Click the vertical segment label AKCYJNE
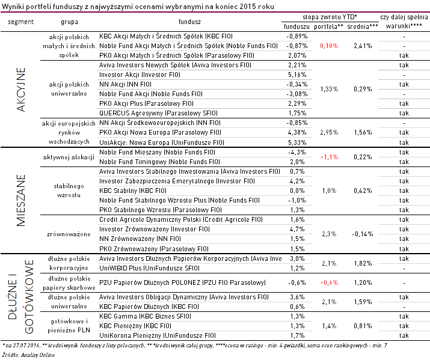[21, 90]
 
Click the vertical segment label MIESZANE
[21, 200]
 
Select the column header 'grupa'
[69, 22]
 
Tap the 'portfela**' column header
[328, 26]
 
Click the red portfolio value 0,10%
[329, 46]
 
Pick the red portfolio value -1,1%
[330, 157]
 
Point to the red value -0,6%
[330, 282]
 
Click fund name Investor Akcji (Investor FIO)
[140, 75]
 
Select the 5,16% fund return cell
[297, 75]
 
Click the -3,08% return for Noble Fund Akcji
[296, 94]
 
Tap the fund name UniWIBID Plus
[149, 268]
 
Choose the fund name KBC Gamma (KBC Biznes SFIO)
[145, 317]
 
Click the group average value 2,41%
[363, 46]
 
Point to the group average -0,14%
[362, 234]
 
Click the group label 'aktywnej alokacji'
[69, 157]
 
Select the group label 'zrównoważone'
[69, 234]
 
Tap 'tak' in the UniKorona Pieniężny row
[404, 335]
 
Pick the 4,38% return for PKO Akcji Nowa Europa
[297, 132]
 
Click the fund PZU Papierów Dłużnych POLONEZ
[182, 282]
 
